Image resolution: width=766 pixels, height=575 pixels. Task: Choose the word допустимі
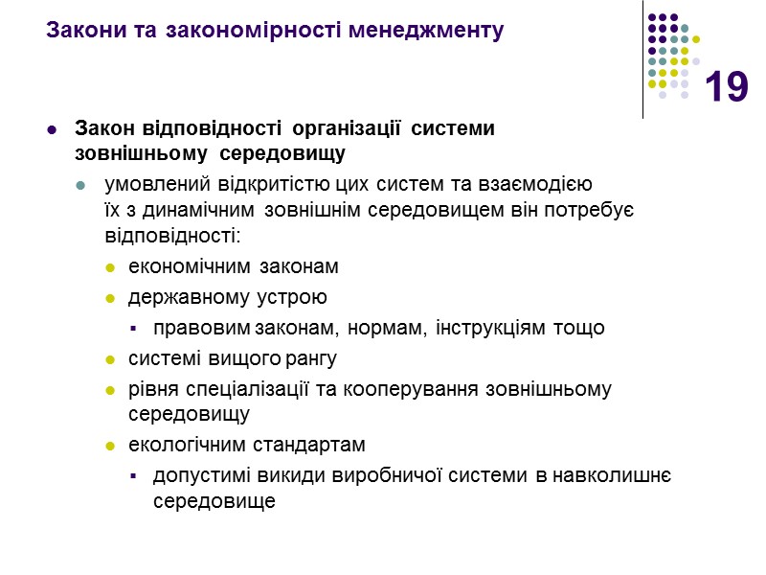[x=196, y=476]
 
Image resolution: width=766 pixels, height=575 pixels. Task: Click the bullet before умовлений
[x=81, y=185]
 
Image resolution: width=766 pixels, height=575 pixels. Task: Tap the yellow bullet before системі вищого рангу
[x=110, y=359]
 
